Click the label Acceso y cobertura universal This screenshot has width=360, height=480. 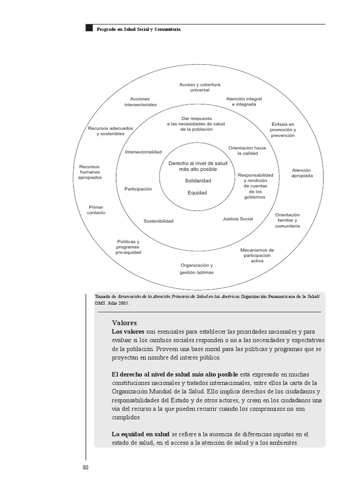(x=200, y=87)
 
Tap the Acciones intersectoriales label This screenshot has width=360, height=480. (x=140, y=102)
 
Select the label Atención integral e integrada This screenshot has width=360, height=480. (x=244, y=102)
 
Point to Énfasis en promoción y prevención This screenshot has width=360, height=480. (x=283, y=129)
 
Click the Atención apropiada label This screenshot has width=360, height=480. (x=301, y=173)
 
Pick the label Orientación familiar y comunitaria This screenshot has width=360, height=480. (x=287, y=220)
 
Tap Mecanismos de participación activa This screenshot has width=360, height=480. (x=257, y=255)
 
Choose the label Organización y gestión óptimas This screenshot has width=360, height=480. (x=197, y=269)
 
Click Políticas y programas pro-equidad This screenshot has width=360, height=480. (x=128, y=247)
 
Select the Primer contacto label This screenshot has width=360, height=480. (x=96, y=210)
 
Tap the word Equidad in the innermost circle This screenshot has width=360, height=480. (x=197, y=193)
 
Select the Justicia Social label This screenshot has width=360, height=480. (x=238, y=219)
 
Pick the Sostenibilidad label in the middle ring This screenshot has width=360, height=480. (x=158, y=221)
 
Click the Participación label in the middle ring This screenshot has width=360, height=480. (x=138, y=189)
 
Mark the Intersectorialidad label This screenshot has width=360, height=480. (x=143, y=152)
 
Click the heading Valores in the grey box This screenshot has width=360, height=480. (x=124, y=323)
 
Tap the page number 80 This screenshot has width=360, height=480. (x=85, y=467)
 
